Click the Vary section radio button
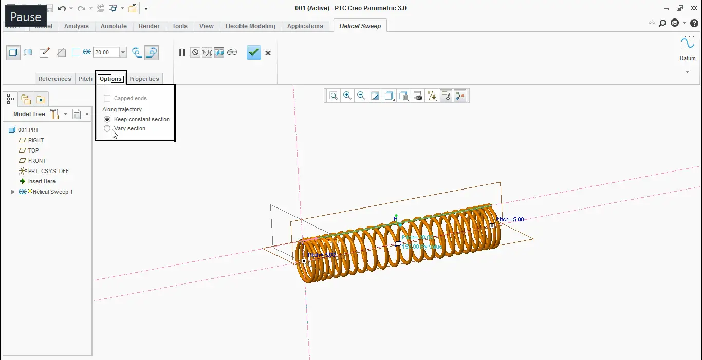pos(107,129)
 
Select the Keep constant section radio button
pos(107,119)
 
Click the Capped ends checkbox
pos(107,98)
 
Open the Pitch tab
pos(85,79)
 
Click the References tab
pos(54,79)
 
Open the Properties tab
pos(144,79)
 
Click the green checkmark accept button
pos(254,52)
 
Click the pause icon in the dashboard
pos(182,52)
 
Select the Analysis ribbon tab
pos(76,26)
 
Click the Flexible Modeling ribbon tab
pos(250,26)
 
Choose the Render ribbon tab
pos(149,26)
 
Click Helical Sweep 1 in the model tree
pos(52,192)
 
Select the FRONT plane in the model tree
pos(37,161)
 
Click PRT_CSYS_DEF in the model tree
pos(48,171)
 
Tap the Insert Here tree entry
pos(42,181)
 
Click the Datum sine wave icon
pos(687,43)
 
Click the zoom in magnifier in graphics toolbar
pos(347,96)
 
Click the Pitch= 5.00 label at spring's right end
pos(510,219)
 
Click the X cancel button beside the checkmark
pos(268,52)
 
